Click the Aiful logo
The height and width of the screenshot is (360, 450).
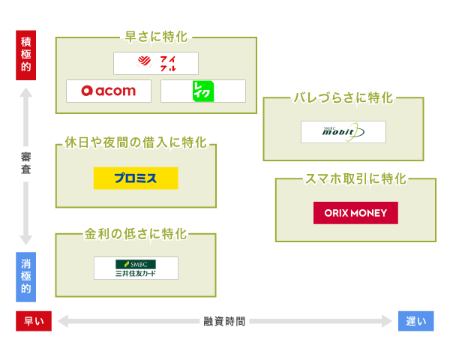[x=156, y=63]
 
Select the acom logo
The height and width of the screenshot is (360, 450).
[x=109, y=91]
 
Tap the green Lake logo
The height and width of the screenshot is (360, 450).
[x=203, y=91]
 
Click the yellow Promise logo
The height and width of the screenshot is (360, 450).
[x=136, y=178]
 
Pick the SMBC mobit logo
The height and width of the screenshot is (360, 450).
[x=343, y=132]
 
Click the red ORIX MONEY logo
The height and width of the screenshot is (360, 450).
[x=355, y=213]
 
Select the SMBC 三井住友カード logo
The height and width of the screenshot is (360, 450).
[x=136, y=268]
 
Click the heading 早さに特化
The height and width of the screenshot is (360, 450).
[x=157, y=36]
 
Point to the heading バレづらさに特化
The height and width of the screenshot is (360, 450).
[x=343, y=97]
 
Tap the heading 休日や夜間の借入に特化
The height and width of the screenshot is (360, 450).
[x=136, y=142]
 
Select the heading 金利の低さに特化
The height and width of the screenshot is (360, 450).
[x=136, y=233]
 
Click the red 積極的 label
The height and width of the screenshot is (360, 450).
[x=26, y=55]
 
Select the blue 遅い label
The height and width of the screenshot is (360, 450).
[x=415, y=321]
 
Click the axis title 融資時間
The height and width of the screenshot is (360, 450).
[x=224, y=321]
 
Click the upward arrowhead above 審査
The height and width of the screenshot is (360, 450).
[x=26, y=94]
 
